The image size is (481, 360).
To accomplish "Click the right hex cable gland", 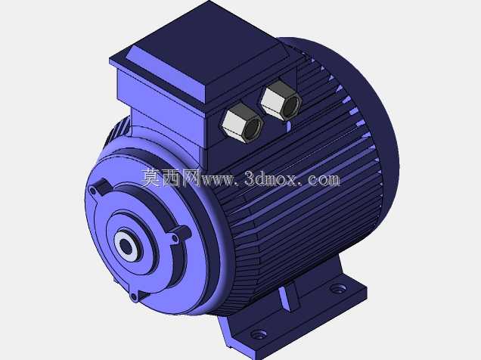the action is (x=281, y=100).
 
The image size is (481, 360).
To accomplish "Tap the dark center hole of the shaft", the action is (x=125, y=245).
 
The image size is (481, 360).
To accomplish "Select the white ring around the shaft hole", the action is (x=127, y=246).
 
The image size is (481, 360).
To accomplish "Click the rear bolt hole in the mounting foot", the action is (x=337, y=289).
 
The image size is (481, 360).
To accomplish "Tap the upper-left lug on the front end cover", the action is (x=98, y=188).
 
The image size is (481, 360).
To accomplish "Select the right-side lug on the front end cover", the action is (x=181, y=234).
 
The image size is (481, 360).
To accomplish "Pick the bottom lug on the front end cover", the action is (x=138, y=295).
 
